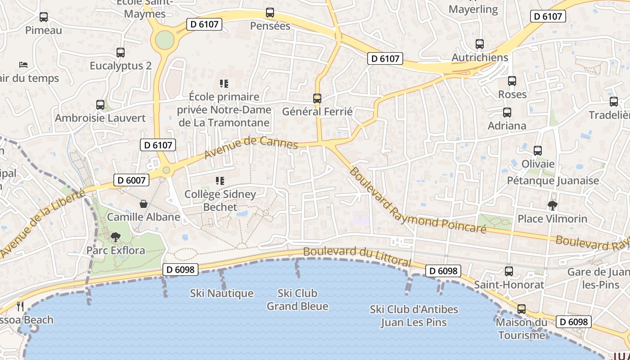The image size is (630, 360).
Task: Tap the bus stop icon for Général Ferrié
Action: coord(317,98)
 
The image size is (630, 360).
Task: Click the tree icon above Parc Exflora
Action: coord(116,236)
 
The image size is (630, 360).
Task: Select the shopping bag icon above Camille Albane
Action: coord(144,204)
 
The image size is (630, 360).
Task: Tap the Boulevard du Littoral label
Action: coord(357,256)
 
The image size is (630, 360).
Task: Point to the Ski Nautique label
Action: coord(221,293)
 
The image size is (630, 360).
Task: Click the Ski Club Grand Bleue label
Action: coord(297,300)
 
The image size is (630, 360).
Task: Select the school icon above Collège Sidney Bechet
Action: coord(220,181)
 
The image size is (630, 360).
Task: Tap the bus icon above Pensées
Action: coord(270,13)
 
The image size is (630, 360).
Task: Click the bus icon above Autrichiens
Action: coord(480,44)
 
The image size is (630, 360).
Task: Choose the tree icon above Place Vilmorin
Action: coord(553,206)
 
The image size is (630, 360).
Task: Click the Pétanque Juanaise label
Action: coord(553,180)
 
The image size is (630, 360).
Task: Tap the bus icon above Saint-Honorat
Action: coord(509,271)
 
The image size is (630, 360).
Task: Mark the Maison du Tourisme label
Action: coord(522,328)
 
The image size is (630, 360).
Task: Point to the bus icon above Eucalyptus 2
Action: coord(121,52)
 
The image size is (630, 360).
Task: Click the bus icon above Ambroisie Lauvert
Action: coord(100,105)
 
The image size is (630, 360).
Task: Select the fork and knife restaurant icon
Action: coord(20,306)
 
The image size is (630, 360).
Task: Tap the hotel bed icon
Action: coord(23,65)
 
